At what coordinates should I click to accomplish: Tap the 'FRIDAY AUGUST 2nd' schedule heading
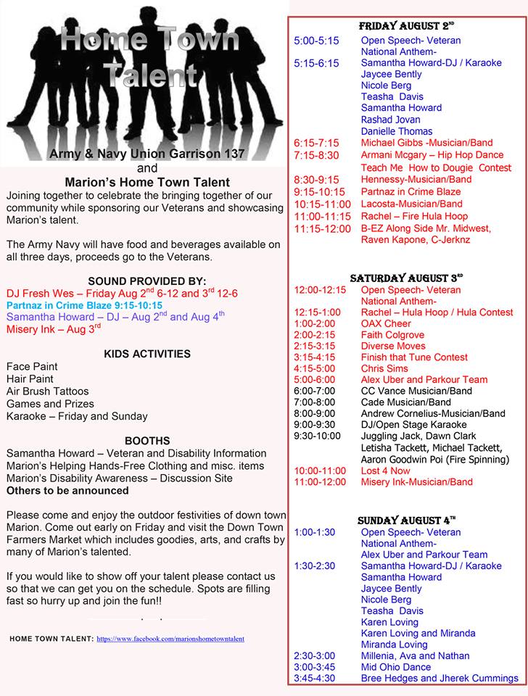click(406, 26)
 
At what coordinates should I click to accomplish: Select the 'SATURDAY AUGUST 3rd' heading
click(406, 278)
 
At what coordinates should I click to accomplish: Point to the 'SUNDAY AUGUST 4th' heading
click(406, 521)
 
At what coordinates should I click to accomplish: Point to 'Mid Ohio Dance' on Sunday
click(397, 666)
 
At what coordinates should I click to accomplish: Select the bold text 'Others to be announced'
click(67, 490)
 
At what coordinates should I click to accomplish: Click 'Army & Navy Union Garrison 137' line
click(147, 154)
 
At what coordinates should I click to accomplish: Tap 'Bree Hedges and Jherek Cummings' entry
click(440, 678)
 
